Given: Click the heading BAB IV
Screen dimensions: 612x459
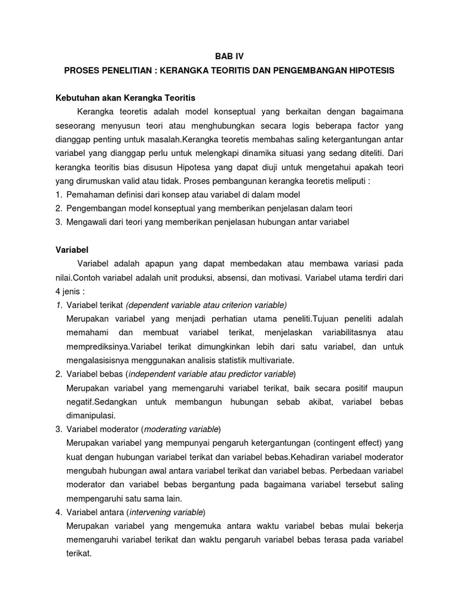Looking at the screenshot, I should (229, 56).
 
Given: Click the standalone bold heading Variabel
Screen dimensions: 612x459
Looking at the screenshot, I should (72, 250).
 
